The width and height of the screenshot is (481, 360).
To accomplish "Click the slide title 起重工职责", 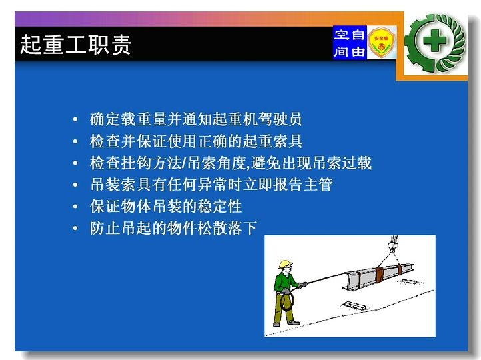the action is click(76, 45).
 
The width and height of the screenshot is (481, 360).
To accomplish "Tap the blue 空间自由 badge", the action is click(350, 43).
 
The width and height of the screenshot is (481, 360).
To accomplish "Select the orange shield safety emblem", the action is click(381, 43).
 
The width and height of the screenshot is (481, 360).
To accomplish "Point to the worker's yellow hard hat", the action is click(285, 264).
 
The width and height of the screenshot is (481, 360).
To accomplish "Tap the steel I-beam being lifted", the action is click(377, 276).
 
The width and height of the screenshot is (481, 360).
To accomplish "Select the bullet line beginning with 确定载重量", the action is click(196, 119).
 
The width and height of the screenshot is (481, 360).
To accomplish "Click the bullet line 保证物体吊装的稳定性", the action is click(166, 206).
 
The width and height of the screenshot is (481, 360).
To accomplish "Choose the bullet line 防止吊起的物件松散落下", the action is click(173, 228).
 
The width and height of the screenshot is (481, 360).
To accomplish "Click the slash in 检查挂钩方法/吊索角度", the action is click(184, 163).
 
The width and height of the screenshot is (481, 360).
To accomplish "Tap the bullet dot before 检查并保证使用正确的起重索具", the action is click(75, 141).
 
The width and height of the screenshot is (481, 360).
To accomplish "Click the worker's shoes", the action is click(286, 323).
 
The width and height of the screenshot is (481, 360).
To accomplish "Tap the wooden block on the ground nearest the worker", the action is click(354, 306).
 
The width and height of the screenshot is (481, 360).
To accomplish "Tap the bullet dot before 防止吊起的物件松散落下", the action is click(75, 229).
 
